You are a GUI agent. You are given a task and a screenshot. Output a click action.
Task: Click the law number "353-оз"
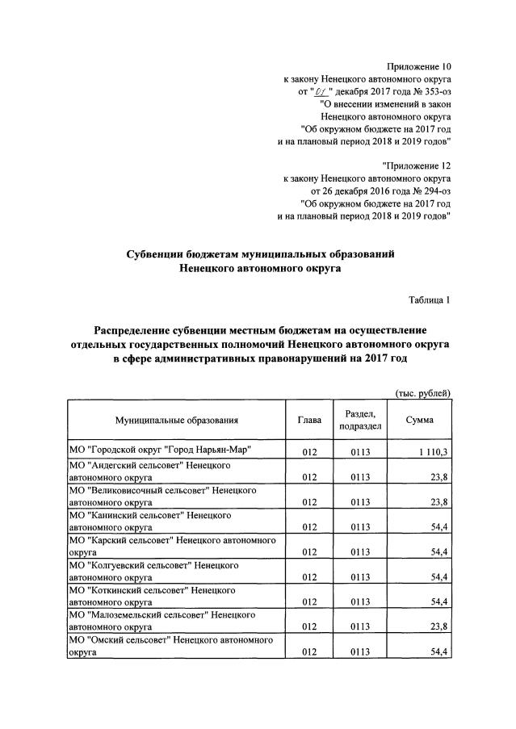(x=432, y=92)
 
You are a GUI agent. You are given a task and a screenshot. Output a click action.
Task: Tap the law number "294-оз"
(x=432, y=191)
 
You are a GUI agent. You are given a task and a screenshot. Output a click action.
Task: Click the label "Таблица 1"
(x=429, y=300)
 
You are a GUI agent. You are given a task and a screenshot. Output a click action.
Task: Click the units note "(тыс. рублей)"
(x=422, y=392)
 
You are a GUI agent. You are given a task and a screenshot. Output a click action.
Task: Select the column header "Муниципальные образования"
(x=177, y=420)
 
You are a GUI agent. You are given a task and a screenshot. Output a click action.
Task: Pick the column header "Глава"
(x=309, y=420)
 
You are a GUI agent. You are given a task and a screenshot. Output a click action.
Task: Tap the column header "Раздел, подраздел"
(x=360, y=420)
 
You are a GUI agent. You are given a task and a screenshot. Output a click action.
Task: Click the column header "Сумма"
(x=420, y=420)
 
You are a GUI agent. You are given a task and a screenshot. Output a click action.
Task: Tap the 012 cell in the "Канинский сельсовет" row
(x=309, y=528)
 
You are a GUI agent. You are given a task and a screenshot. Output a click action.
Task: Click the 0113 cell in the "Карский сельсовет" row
(x=360, y=553)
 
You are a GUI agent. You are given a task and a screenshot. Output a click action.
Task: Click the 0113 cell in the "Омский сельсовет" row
(x=360, y=652)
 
